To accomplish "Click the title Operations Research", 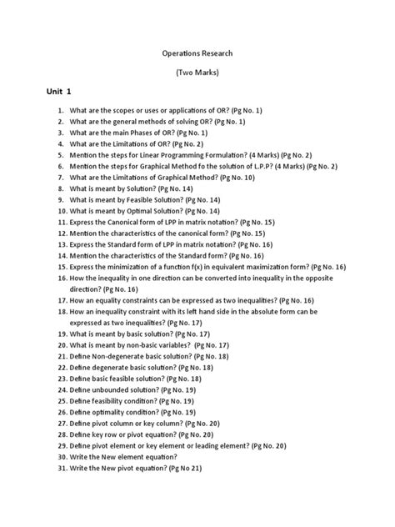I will click(197, 52).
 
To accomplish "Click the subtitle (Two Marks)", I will click(197, 74).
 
